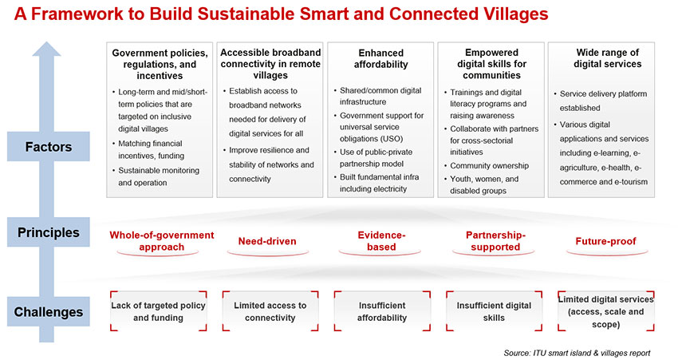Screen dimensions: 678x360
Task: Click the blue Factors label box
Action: tap(49, 146)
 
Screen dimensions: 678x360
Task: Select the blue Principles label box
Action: tap(49, 232)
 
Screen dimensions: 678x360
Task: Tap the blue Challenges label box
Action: tap(49, 311)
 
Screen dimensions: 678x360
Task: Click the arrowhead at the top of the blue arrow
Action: tap(46, 49)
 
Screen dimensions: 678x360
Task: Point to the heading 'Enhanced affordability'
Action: tap(381, 58)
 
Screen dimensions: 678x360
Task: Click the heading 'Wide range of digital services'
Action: tap(607, 58)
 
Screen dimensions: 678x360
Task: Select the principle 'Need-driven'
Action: tap(267, 241)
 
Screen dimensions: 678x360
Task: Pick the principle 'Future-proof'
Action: tap(605, 241)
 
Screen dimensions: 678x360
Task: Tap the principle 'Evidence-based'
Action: tap(381, 241)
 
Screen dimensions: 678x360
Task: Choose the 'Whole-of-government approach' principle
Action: tap(162, 241)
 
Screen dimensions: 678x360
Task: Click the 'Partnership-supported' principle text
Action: tap(495, 241)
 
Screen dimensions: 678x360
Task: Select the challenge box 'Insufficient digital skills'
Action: tap(494, 311)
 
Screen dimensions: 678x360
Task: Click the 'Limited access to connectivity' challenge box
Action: tap(270, 311)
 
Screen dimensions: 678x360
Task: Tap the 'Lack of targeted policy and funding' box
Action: tap(158, 311)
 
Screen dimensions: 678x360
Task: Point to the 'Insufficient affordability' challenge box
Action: tap(382, 311)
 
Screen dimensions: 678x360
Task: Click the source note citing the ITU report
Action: tap(577, 353)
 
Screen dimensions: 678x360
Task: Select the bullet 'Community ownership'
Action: tap(487, 166)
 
